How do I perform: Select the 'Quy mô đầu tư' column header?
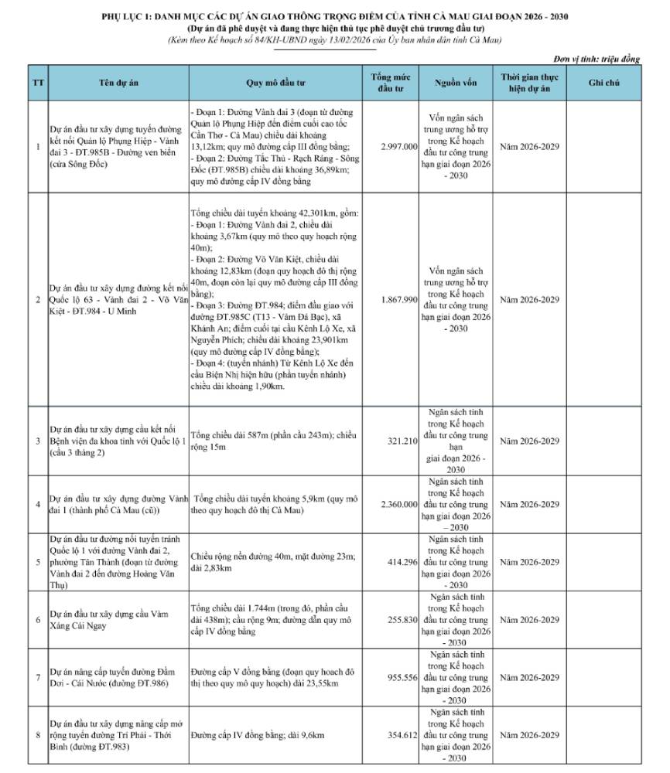point(275,82)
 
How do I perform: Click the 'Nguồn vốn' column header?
point(456,82)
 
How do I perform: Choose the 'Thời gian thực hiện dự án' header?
point(529,82)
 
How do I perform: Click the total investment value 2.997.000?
point(399,146)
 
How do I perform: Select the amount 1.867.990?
point(399,299)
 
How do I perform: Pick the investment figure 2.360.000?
point(399,505)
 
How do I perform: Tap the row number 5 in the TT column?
point(38,561)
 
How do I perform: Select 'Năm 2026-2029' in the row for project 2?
point(529,299)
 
